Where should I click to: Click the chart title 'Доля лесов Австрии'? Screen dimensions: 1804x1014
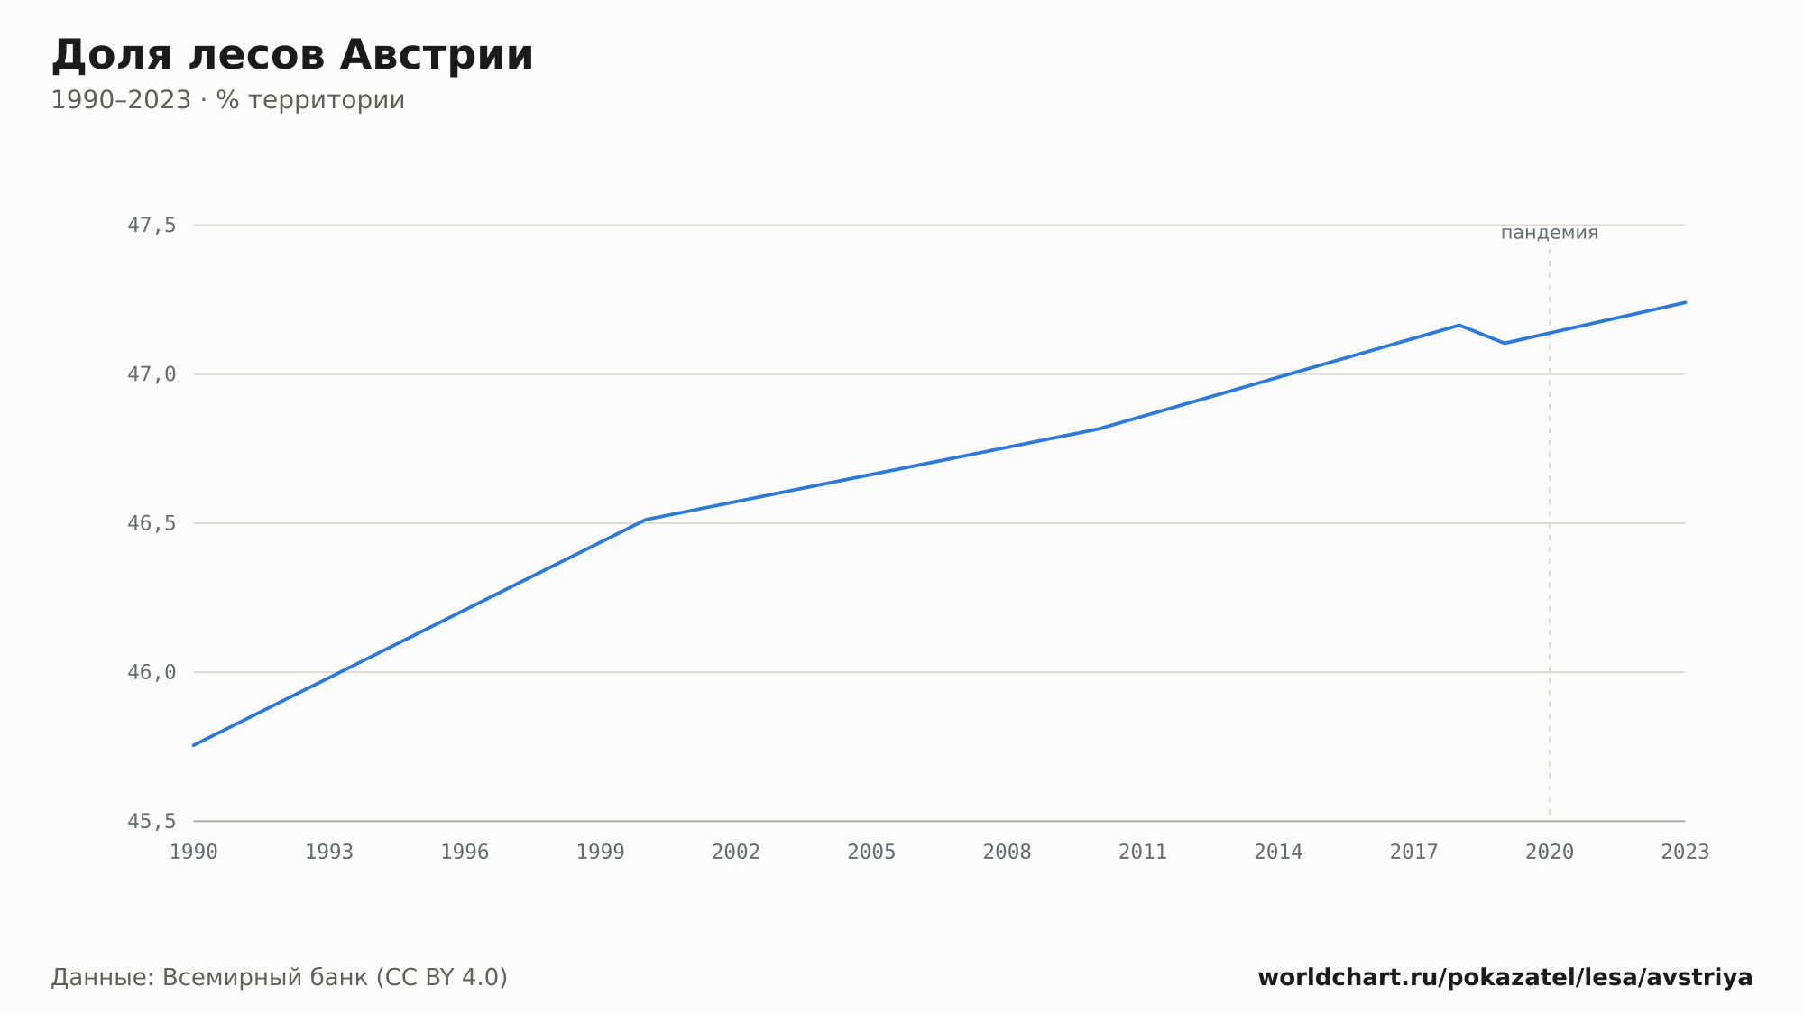[292, 56]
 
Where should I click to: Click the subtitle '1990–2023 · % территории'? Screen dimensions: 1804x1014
[227, 100]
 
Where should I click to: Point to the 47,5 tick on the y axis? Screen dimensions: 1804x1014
[152, 226]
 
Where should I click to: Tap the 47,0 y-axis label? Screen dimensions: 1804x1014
[152, 374]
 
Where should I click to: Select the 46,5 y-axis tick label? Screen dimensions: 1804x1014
[152, 523]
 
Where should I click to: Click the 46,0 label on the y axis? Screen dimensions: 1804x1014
[152, 672]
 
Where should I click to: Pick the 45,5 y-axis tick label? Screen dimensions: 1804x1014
[152, 821]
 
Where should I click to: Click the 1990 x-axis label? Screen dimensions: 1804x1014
[194, 852]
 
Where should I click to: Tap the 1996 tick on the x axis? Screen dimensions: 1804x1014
[465, 852]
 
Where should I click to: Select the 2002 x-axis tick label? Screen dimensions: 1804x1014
[736, 852]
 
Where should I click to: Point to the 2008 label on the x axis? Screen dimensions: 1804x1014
[1008, 852]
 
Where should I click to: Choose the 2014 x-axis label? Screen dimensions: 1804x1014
[1278, 852]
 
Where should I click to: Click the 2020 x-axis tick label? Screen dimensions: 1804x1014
[1550, 852]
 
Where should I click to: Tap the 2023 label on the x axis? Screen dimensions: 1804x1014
[1685, 852]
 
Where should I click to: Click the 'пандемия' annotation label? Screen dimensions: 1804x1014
[1550, 233]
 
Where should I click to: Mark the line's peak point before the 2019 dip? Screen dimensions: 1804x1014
[1459, 325]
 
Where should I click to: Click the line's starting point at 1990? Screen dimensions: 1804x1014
[194, 745]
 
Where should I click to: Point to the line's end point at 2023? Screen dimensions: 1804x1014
[1685, 302]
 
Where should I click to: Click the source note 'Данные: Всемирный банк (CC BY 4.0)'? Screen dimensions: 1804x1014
[280, 977]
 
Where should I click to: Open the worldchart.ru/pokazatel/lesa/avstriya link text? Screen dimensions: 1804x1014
[1505, 977]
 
